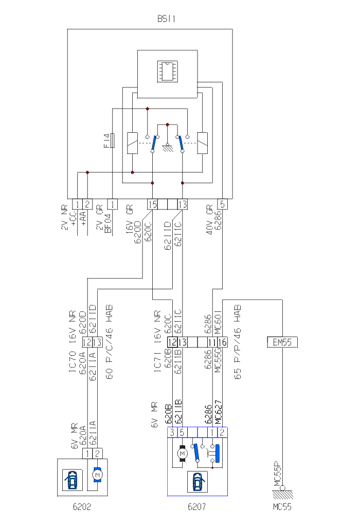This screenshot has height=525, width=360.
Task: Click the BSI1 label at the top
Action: tap(167, 19)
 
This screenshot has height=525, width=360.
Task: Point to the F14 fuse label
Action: tap(106, 141)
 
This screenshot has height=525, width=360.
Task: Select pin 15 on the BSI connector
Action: tap(152, 204)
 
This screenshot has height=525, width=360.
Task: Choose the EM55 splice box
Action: tap(282, 341)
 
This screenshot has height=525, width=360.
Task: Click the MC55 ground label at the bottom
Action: tap(282, 507)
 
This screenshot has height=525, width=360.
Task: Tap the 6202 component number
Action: tap(82, 507)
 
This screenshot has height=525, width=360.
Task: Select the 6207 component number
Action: tap(197, 507)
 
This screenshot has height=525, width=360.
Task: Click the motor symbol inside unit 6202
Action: tap(97, 474)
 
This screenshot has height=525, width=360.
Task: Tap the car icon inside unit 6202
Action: tap(72, 478)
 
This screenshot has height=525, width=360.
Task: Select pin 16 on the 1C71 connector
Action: tap(223, 341)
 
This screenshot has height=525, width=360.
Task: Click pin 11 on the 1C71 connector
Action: tap(212, 341)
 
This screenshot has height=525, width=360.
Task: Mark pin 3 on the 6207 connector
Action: tap(172, 432)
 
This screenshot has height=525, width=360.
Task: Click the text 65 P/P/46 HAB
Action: tap(238, 342)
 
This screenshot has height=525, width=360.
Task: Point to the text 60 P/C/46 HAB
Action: tap(110, 342)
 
